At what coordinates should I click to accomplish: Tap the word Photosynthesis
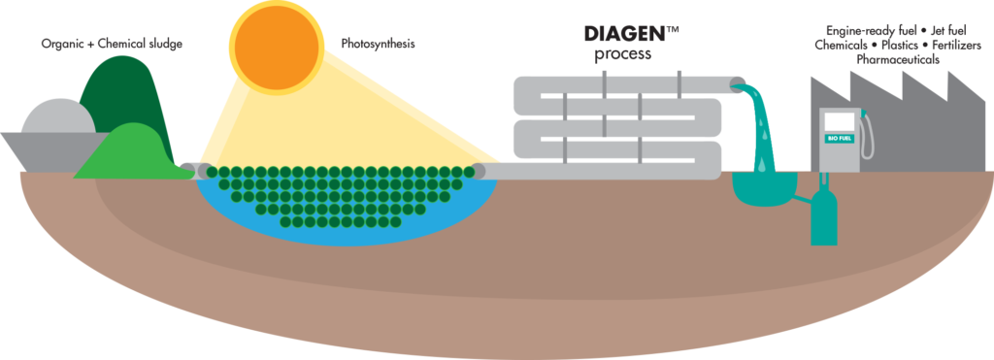[x=380, y=44]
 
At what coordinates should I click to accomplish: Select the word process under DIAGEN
[x=622, y=55]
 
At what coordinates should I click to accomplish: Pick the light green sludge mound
[x=131, y=155]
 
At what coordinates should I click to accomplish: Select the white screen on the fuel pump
[x=838, y=121]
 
